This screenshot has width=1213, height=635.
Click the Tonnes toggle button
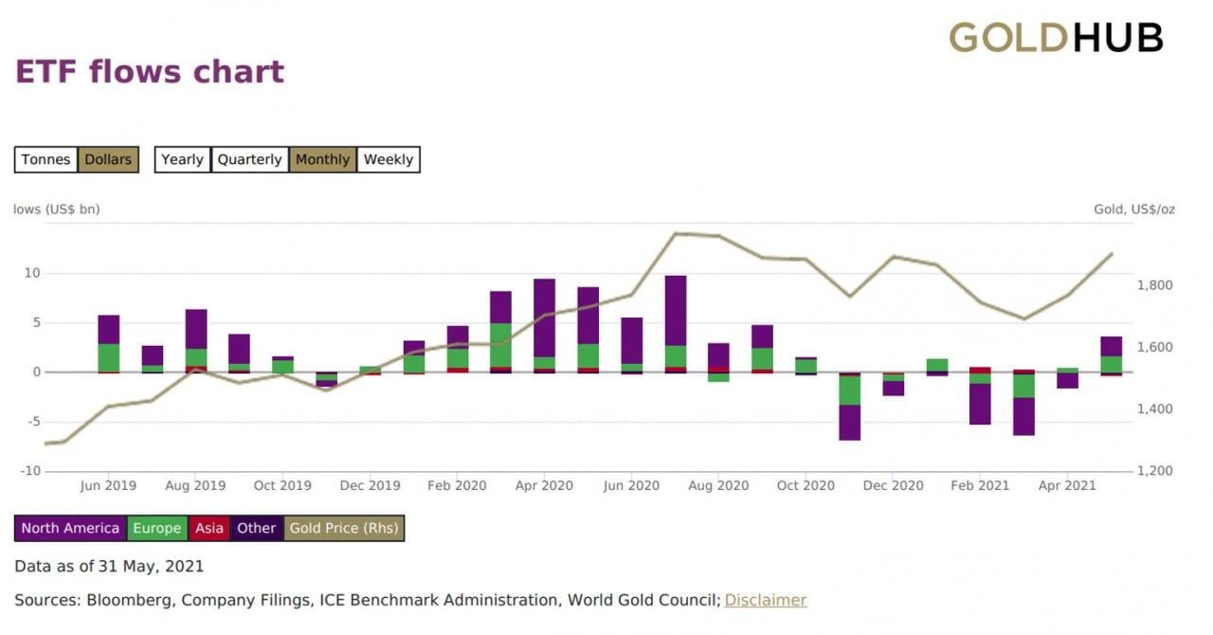pyautogui.click(x=45, y=159)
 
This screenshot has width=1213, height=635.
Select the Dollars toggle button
pyautogui.click(x=108, y=159)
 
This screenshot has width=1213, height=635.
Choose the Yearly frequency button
pyautogui.click(x=182, y=159)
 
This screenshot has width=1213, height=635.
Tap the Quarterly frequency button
pyautogui.click(x=249, y=159)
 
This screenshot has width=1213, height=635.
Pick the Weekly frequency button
pyautogui.click(x=388, y=159)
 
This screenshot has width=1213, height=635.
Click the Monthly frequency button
pyautogui.click(x=322, y=159)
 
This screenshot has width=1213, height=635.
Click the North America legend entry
pyautogui.click(x=70, y=528)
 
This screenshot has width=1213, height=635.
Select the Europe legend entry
pyautogui.click(x=156, y=528)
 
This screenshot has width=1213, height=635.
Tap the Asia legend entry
pyautogui.click(x=209, y=528)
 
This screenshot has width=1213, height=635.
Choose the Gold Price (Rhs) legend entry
pyautogui.click(x=344, y=528)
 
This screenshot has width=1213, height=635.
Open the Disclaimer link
pyautogui.click(x=766, y=600)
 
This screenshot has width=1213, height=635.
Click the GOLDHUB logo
pyautogui.click(x=1056, y=38)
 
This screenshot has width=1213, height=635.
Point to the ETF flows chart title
pyautogui.click(x=150, y=72)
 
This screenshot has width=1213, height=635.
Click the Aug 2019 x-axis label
pyautogui.click(x=195, y=485)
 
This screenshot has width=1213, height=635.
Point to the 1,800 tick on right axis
pyautogui.click(x=1154, y=285)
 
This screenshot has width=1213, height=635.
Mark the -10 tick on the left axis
pyautogui.click(x=32, y=471)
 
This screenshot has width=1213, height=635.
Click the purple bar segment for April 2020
pyautogui.click(x=544, y=317)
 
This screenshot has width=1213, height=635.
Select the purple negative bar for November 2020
pyautogui.click(x=849, y=423)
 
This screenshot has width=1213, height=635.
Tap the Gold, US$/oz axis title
pyautogui.click(x=1134, y=209)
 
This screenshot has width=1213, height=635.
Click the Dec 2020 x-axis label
pyautogui.click(x=893, y=485)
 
